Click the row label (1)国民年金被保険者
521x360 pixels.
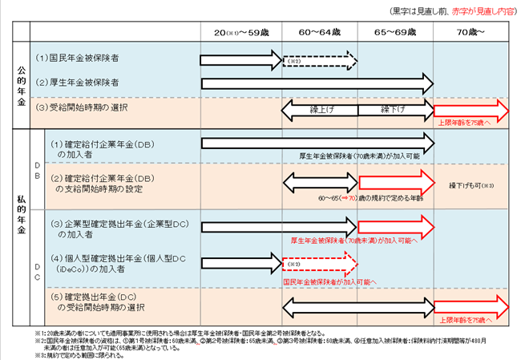click(x=78, y=59)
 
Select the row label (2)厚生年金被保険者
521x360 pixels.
click(x=78, y=83)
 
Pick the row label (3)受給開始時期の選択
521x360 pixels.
click(x=83, y=107)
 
